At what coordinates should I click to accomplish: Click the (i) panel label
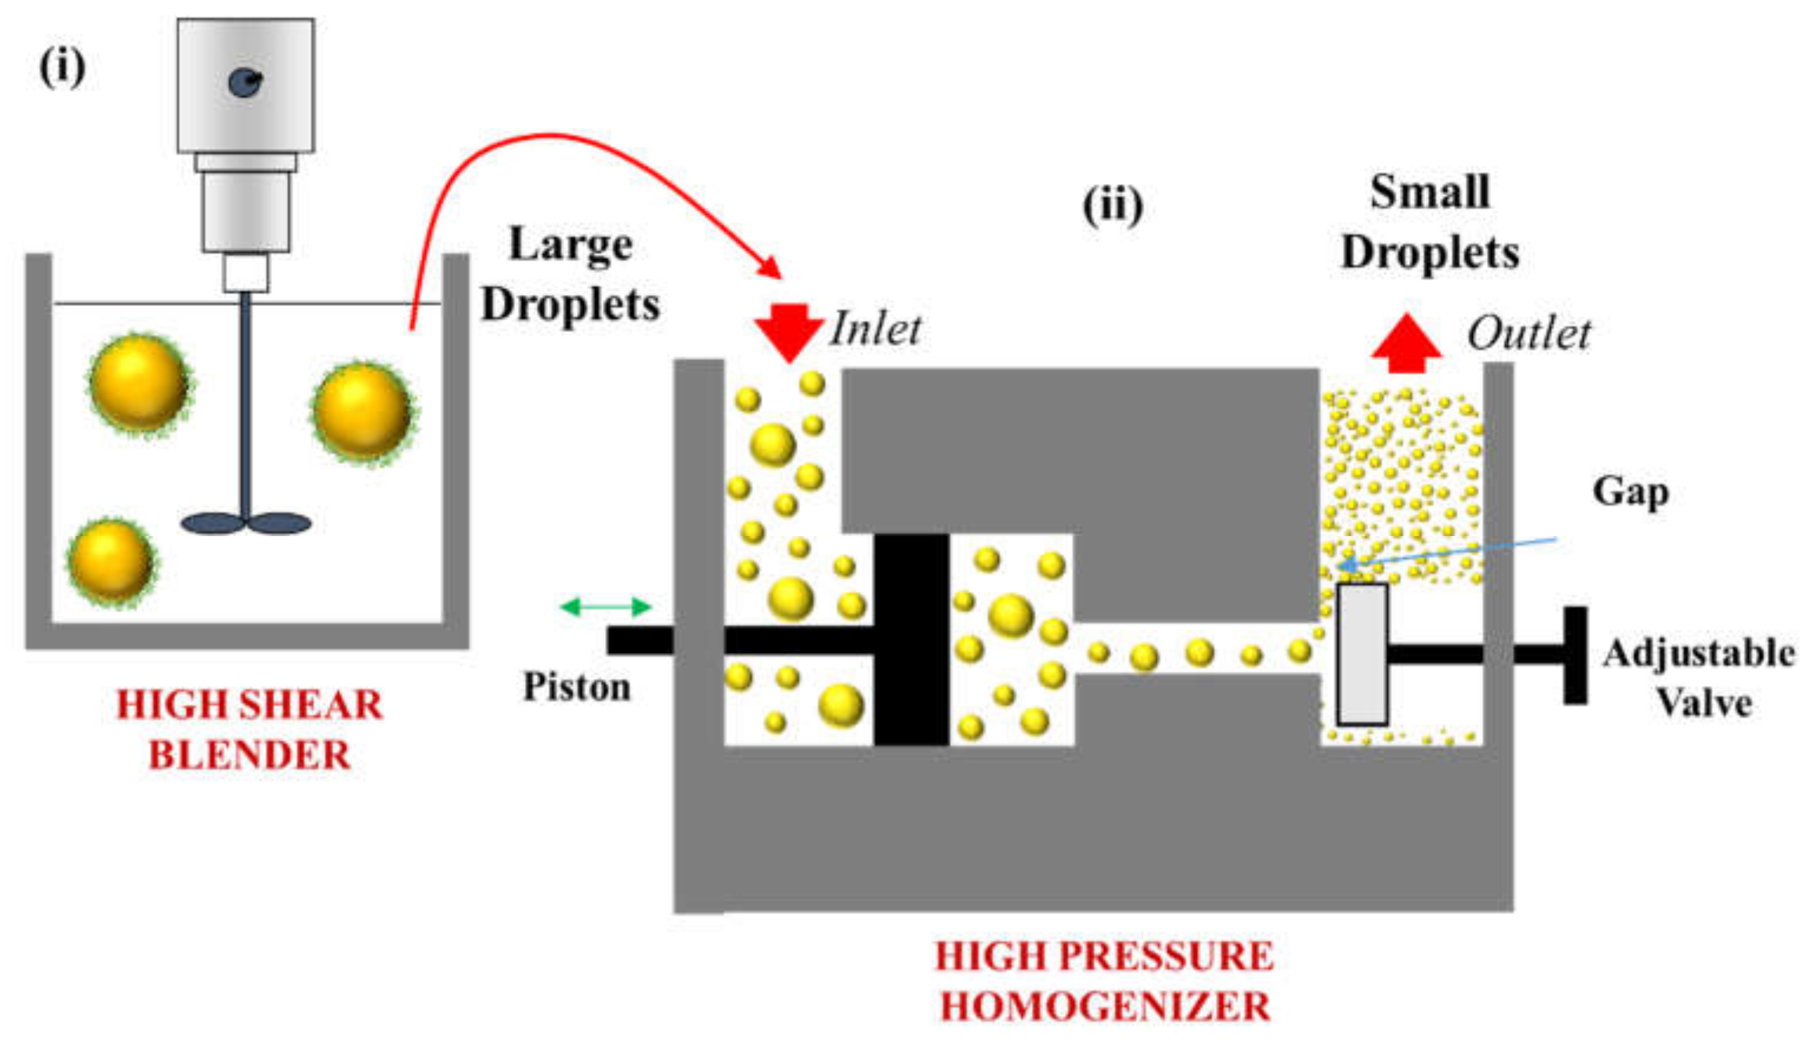click(x=63, y=68)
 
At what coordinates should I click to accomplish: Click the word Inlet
click(x=876, y=330)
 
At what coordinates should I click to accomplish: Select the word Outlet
click(x=1529, y=334)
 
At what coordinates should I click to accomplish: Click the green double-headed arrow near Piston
click(x=605, y=607)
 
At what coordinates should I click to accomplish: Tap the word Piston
click(x=576, y=687)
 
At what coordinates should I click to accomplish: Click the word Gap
click(x=1630, y=493)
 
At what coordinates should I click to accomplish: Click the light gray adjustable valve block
click(x=1362, y=655)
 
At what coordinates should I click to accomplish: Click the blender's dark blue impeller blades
click(x=245, y=523)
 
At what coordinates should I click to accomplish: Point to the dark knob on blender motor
click(x=245, y=82)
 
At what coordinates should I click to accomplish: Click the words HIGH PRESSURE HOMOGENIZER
click(x=1104, y=981)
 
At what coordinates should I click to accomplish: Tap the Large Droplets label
click(x=571, y=274)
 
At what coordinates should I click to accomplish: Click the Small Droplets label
click(x=1430, y=222)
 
